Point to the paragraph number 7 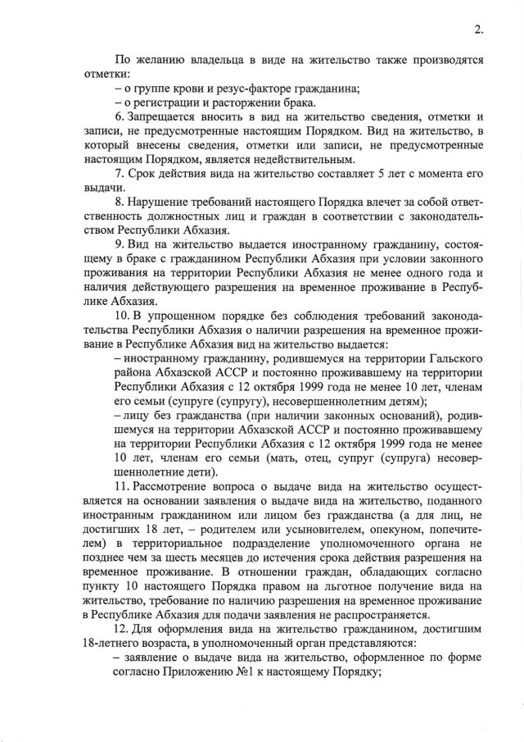[119, 175]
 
